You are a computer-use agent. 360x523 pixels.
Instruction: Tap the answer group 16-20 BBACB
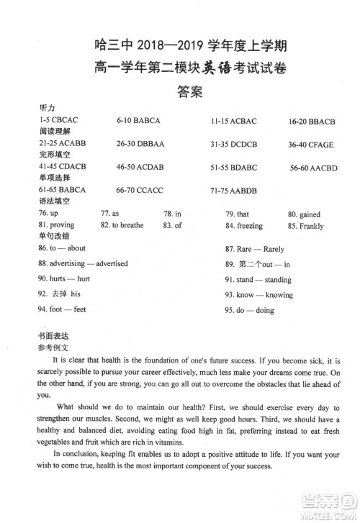(x=311, y=121)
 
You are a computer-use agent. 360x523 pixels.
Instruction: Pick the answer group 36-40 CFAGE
(x=310, y=145)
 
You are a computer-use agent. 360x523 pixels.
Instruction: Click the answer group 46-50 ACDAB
(x=140, y=167)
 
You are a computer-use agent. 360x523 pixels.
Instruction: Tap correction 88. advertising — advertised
(x=83, y=263)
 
